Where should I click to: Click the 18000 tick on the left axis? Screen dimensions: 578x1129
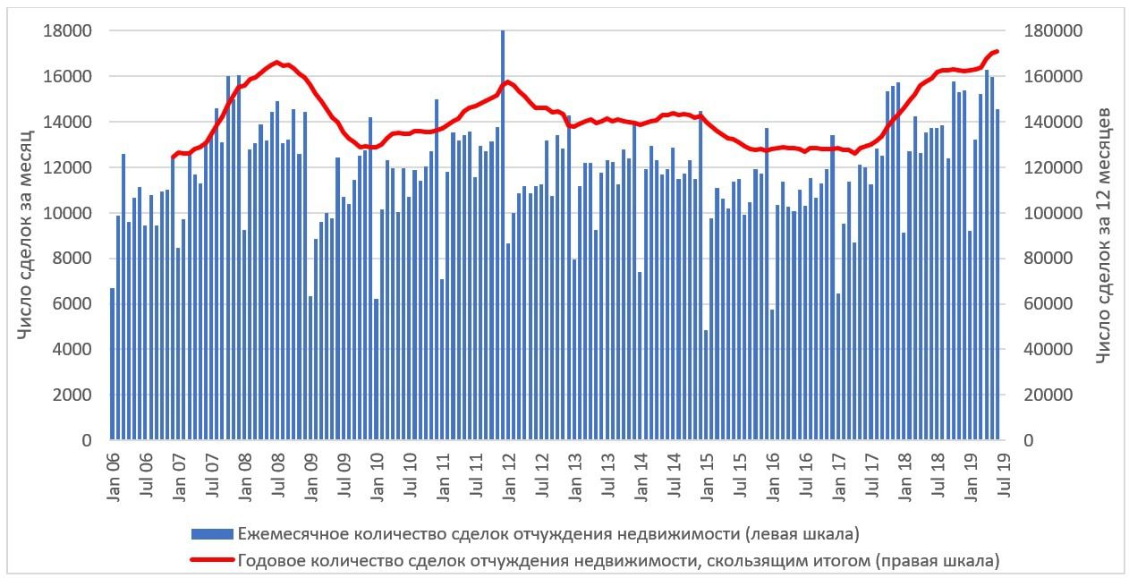[x=68, y=31]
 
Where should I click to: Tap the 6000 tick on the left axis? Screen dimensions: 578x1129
[x=72, y=304]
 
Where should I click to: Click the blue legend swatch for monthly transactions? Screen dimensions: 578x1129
[x=212, y=534]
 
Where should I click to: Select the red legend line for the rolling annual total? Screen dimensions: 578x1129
[x=212, y=561]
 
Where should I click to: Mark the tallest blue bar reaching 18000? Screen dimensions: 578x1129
[x=503, y=234]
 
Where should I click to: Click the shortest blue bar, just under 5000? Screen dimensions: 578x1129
[x=706, y=385]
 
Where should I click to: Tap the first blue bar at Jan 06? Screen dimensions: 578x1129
[x=112, y=364]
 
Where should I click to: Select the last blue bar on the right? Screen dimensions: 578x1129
[x=997, y=275]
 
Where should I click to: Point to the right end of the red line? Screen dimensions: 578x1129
[x=997, y=51]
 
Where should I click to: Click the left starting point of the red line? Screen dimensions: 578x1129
[x=173, y=157]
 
